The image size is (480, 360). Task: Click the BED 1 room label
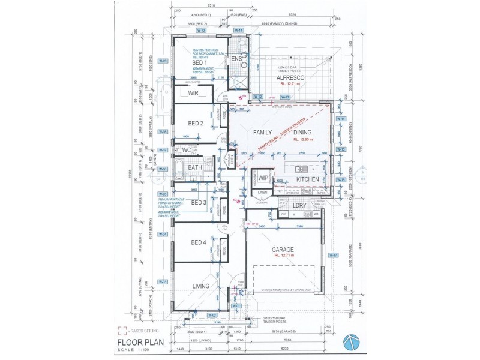coord(199,62)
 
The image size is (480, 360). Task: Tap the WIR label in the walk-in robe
coord(193,94)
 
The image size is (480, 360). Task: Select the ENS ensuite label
coord(237,58)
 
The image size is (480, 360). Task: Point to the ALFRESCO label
coord(292,78)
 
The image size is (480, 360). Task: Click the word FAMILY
coord(262,132)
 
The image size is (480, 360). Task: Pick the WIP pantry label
coord(263,178)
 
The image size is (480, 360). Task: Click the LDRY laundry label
coord(299,206)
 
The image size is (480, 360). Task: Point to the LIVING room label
coord(200,286)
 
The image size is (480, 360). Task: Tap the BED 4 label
coord(199,242)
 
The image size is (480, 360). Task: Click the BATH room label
coord(195,167)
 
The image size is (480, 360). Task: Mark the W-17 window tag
coord(334,255)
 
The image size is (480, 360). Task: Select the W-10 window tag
coord(202,30)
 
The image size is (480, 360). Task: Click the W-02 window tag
coord(211,314)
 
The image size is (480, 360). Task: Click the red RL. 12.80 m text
coord(304,139)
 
